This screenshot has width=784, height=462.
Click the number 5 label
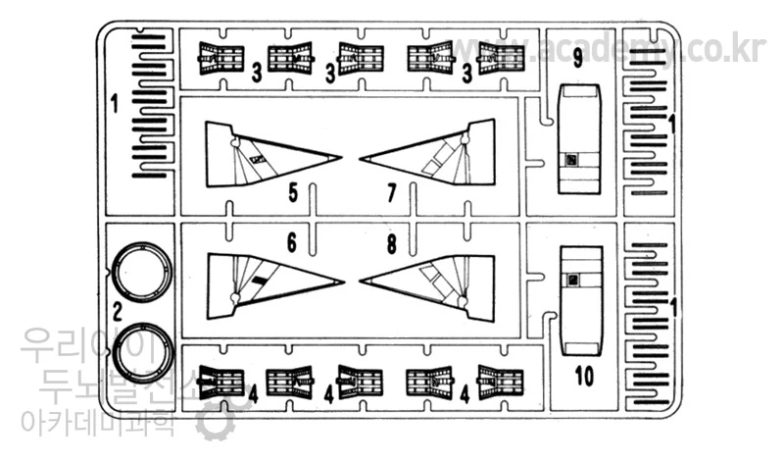(x=293, y=192)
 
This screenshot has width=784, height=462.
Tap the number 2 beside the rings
(x=117, y=313)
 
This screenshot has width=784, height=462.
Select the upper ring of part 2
(x=141, y=273)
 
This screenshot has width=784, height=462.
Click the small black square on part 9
(x=572, y=160)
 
